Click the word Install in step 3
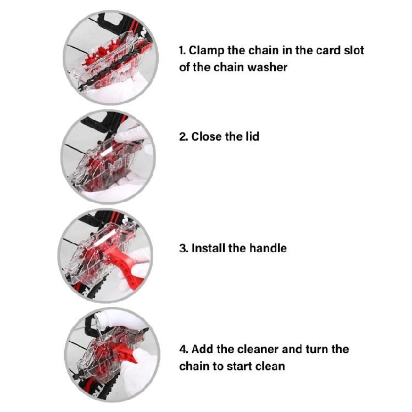[208, 248]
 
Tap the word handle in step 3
[268, 248]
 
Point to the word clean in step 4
[271, 365]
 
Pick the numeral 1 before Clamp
[182, 50]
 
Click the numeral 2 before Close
[182, 136]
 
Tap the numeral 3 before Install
[183, 248]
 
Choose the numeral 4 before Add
[183, 349]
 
